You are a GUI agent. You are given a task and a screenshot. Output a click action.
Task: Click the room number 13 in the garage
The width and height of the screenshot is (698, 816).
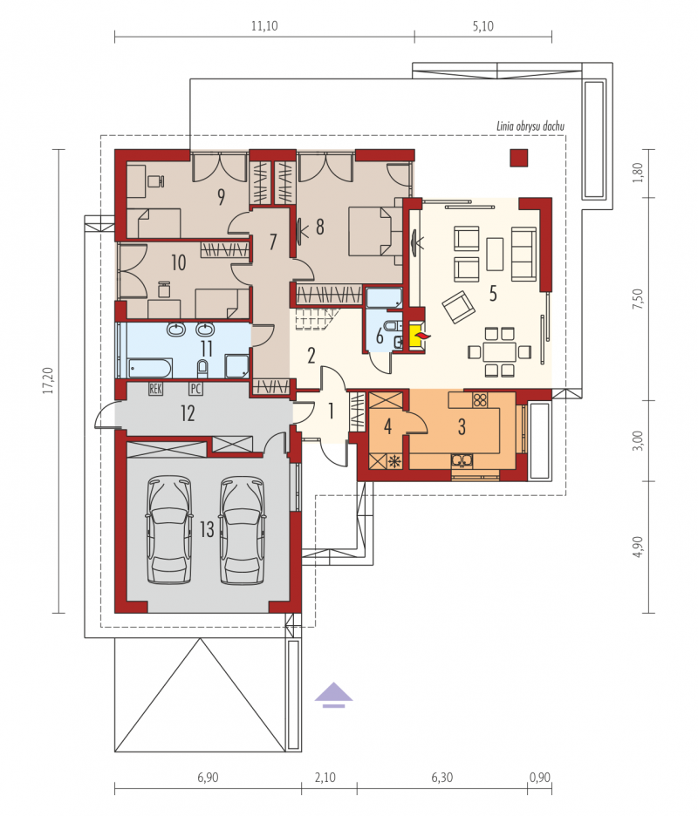(207, 529)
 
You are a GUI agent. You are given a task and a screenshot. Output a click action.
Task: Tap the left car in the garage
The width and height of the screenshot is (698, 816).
(168, 529)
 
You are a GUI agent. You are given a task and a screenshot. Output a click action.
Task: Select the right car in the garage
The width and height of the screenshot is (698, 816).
(242, 529)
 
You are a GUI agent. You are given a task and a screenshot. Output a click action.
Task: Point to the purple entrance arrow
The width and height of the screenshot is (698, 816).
(333, 696)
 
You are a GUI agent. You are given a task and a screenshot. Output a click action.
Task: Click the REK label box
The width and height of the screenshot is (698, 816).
(155, 388)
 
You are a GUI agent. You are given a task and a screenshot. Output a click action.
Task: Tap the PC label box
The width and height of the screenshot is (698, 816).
(195, 388)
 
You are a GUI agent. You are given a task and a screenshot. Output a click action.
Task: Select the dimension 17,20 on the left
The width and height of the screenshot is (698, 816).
(49, 380)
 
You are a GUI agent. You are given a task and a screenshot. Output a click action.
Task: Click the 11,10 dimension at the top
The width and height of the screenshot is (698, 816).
(264, 26)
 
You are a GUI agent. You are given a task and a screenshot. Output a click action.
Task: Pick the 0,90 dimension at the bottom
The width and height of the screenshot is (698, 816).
(540, 778)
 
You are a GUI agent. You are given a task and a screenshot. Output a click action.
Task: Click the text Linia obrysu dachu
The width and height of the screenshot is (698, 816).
(530, 126)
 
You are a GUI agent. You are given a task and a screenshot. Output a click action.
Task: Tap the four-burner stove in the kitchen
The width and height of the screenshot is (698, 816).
(480, 399)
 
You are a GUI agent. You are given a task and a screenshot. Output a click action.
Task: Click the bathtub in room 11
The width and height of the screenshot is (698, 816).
(150, 368)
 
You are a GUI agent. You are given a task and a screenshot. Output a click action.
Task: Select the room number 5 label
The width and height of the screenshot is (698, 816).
(493, 294)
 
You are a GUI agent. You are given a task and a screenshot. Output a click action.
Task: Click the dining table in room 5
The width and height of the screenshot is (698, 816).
(499, 352)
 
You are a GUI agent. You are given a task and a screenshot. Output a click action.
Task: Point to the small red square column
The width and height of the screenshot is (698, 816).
(518, 158)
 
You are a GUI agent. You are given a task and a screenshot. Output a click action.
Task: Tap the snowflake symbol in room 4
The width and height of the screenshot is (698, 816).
(395, 460)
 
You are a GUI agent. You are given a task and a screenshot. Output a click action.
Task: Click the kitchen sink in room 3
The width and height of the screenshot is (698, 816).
(462, 460)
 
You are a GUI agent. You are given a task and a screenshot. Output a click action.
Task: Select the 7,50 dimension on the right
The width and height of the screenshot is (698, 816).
(638, 299)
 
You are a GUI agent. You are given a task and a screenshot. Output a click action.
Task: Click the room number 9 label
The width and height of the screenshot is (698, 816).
(222, 197)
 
